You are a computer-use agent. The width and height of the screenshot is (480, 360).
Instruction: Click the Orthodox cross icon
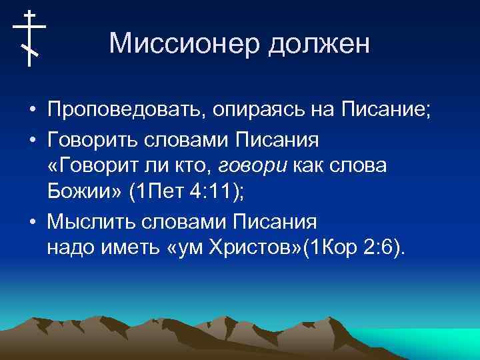29,38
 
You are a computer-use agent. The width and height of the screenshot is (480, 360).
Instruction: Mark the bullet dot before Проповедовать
32,110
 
